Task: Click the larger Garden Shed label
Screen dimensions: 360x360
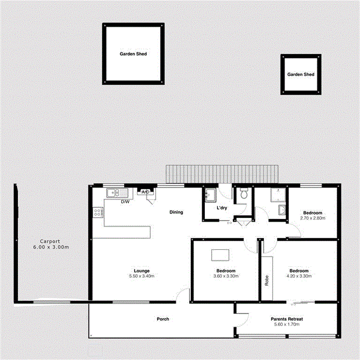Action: (133, 54)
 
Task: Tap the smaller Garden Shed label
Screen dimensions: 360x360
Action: (301, 74)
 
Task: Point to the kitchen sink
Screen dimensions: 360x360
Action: (115, 193)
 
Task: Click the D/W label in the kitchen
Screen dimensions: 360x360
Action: (125, 202)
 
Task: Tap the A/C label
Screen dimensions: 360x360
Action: (144, 192)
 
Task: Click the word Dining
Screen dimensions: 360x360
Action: (176, 212)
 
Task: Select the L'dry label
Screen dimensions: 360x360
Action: (222, 208)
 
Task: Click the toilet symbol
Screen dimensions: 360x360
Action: (244, 194)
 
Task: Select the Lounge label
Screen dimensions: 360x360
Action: (142, 271)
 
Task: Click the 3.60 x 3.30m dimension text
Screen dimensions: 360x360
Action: (226, 276)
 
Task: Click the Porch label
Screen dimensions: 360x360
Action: (162, 319)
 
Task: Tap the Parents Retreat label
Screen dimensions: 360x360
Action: (287, 319)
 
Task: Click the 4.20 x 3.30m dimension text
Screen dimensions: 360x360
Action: (299, 276)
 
